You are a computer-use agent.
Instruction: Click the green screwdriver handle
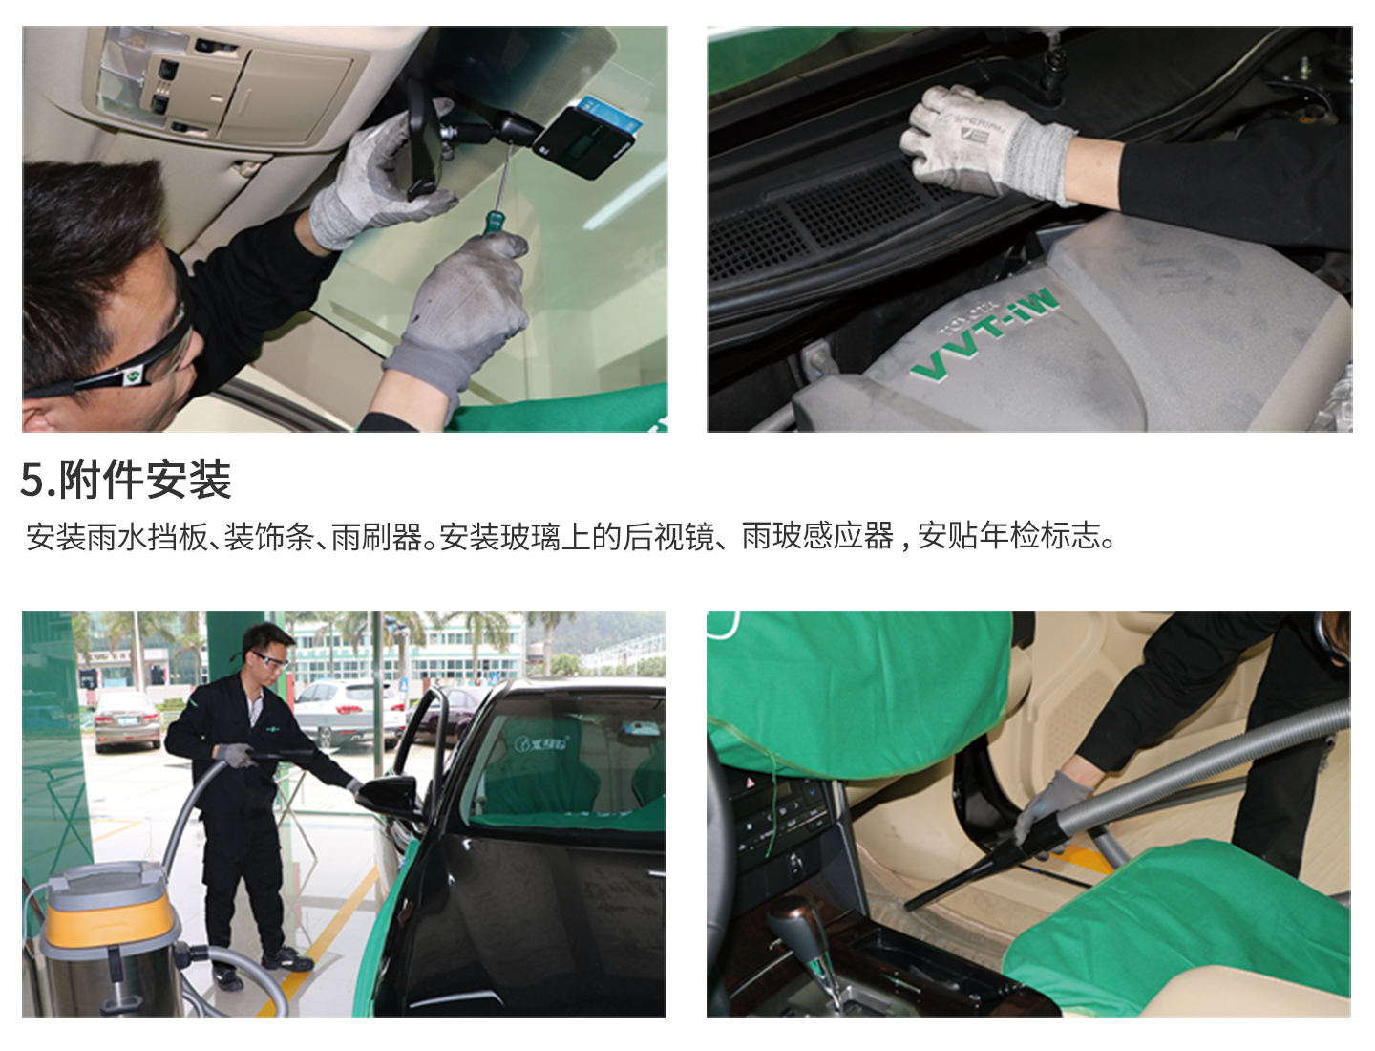point(493,222)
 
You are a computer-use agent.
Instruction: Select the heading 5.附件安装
point(126,480)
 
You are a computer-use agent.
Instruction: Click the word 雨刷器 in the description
point(376,537)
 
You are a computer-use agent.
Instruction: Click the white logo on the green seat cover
point(541,743)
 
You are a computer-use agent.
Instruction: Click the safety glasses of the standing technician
point(269,659)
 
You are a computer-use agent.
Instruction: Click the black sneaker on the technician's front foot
point(287,959)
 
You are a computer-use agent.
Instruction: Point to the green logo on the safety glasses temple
point(133,376)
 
